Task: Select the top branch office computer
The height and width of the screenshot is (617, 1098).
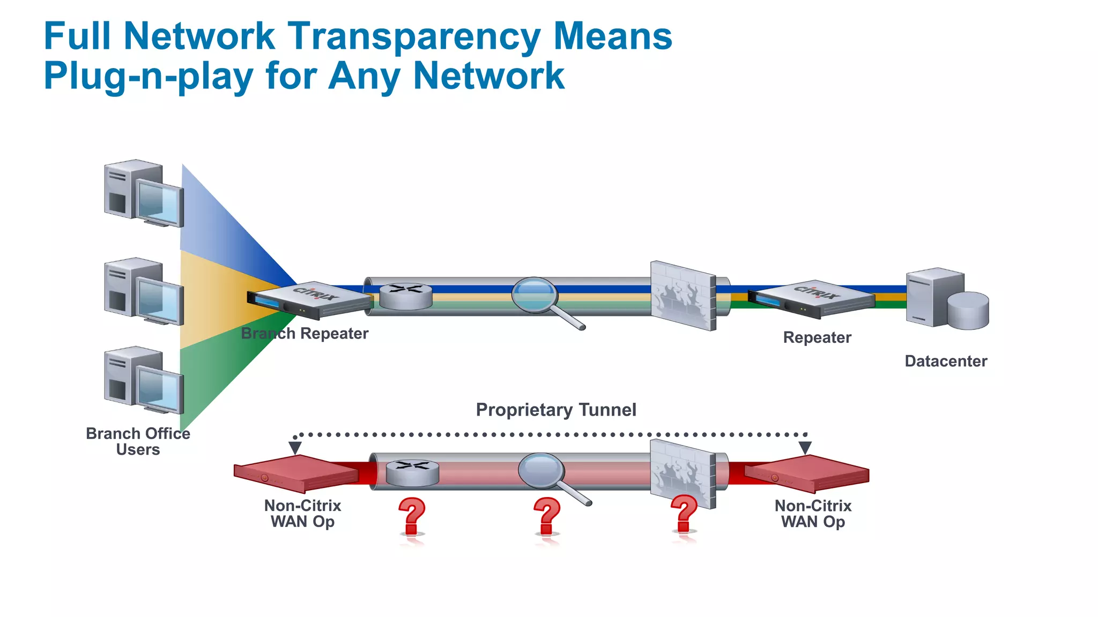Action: (x=143, y=193)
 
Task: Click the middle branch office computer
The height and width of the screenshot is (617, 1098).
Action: (x=143, y=291)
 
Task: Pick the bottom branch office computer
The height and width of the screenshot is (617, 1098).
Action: (x=143, y=380)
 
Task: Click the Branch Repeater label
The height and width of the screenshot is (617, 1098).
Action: (x=305, y=334)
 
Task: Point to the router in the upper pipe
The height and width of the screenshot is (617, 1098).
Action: (x=406, y=296)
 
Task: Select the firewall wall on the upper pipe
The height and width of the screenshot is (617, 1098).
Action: (x=683, y=296)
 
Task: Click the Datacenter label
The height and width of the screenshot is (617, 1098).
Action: (x=946, y=362)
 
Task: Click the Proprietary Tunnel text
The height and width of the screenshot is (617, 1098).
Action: (x=556, y=410)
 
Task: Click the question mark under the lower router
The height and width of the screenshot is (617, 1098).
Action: (x=412, y=516)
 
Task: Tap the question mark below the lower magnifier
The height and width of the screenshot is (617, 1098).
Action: (x=547, y=516)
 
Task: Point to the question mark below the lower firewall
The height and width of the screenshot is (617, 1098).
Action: (x=684, y=514)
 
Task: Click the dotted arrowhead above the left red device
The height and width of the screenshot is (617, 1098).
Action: (x=295, y=448)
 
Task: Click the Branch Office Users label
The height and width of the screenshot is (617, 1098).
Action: (x=138, y=441)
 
